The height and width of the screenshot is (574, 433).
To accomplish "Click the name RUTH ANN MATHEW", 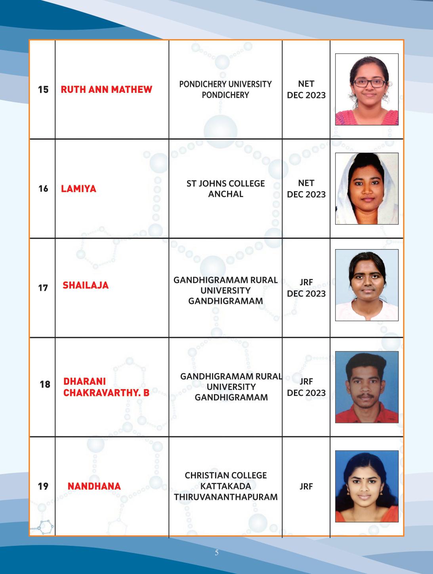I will (x=106, y=90).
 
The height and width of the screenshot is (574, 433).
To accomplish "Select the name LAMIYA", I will (x=78, y=189).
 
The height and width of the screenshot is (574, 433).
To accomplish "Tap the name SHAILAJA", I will (x=85, y=285).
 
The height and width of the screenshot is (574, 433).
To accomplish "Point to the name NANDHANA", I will (x=94, y=486).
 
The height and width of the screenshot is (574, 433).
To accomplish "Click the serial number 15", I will (x=43, y=90).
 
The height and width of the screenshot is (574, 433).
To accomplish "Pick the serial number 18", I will (x=45, y=384).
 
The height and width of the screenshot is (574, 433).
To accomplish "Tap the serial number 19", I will (x=43, y=486).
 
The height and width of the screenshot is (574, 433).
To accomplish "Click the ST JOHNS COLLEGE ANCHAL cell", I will (x=225, y=189).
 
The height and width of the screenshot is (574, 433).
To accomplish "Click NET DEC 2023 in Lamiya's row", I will (x=306, y=189).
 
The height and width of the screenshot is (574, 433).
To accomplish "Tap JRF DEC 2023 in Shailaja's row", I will (x=306, y=288).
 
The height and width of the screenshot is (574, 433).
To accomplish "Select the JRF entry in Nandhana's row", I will (x=306, y=486).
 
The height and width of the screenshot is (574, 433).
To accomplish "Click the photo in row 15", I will (x=366, y=90).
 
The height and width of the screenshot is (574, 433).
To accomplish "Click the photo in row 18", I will (x=366, y=387).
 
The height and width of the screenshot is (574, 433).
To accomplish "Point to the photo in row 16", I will (x=366, y=189).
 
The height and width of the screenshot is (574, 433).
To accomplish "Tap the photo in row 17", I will (x=366, y=285).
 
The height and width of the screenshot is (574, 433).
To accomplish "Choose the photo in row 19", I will (x=366, y=486).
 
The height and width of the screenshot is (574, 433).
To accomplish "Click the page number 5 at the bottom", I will (x=216, y=553).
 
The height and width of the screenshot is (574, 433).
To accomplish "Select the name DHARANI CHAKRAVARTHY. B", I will (x=106, y=387).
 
